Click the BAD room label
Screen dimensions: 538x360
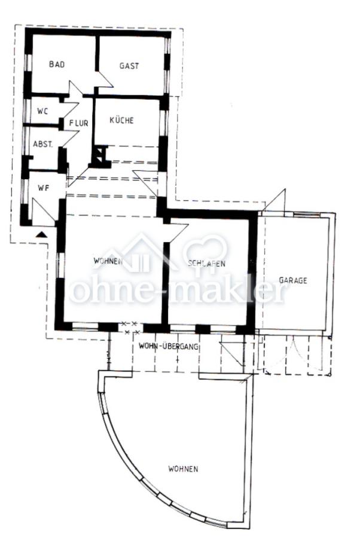pyautogui.click(x=57, y=65)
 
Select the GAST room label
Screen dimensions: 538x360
pyautogui.click(x=129, y=66)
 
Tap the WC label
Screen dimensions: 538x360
pyautogui.click(x=42, y=111)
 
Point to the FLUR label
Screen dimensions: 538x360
pyautogui.click(x=78, y=124)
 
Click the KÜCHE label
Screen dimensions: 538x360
pyautogui.click(x=121, y=120)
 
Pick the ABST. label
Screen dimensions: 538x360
pyautogui.click(x=43, y=144)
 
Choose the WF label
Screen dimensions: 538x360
pyautogui.click(x=42, y=188)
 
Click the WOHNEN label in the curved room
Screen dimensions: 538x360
pyautogui.click(x=183, y=469)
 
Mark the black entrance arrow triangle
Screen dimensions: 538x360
pyautogui.click(x=41, y=235)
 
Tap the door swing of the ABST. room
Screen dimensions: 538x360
pyautogui.click(x=70, y=139)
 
